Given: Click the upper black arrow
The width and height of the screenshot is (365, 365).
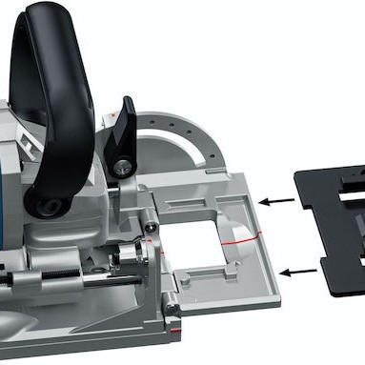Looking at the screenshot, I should coord(278,201).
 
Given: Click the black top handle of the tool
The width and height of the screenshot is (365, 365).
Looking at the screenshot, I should coord(57,57).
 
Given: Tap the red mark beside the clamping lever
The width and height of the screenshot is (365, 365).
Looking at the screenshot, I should coord(113,113).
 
